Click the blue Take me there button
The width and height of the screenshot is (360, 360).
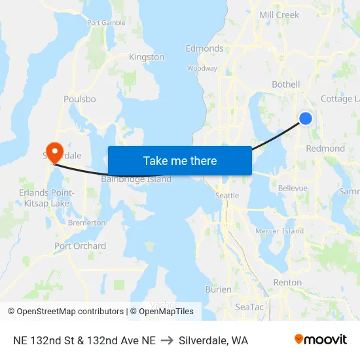point(179,160)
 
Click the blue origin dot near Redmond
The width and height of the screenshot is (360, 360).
point(305,118)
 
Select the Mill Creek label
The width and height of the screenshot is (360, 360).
point(279,15)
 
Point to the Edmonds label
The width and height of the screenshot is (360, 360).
point(204,48)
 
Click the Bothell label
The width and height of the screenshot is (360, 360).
point(285,84)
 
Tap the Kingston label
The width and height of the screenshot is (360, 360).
point(147,57)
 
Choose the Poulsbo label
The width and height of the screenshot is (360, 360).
point(80,99)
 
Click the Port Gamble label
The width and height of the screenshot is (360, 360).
point(106,22)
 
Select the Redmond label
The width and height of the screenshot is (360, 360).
point(325,149)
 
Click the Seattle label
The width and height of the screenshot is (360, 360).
point(227,196)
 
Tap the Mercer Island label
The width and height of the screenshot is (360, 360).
point(279,231)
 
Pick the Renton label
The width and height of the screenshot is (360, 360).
point(287,283)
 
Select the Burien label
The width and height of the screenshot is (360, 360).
point(218,289)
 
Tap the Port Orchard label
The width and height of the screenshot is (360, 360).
point(80,246)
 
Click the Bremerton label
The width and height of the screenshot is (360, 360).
point(86,223)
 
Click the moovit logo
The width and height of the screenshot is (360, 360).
point(321,340)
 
